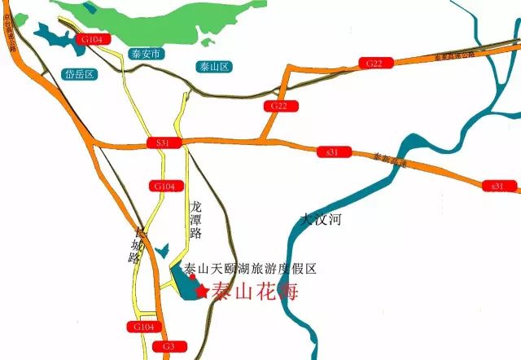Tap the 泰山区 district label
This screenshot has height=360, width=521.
pos(214,66)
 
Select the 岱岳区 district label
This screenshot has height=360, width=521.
pos(79,74)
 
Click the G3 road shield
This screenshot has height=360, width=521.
pos(169,347)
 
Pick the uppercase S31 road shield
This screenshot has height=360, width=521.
pos(163,143)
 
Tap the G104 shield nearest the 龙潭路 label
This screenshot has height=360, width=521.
pos(163,187)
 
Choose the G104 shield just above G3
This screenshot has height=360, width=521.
pos(141,327)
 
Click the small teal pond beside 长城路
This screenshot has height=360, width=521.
pos(161,251)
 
